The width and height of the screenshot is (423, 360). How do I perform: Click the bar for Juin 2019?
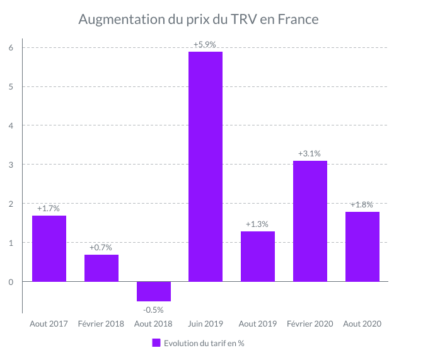pyautogui.click(x=206, y=166)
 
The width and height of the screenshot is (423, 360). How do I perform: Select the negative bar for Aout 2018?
pyautogui.click(x=153, y=291)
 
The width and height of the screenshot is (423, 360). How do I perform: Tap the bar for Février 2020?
pyautogui.click(x=310, y=221)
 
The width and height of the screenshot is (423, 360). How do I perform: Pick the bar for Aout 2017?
pyautogui.click(x=49, y=248)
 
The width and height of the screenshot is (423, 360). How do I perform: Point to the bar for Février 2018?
pyautogui.click(x=101, y=268)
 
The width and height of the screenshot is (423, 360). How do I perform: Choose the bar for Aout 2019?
pyautogui.click(x=258, y=257)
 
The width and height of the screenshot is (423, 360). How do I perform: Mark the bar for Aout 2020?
pyautogui.click(x=362, y=247)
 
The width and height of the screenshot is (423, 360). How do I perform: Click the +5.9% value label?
pyautogui.click(x=206, y=45)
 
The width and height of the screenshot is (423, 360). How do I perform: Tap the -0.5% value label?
pyautogui.click(x=153, y=310)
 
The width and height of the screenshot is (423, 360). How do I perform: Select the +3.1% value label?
pyautogui.click(x=310, y=153)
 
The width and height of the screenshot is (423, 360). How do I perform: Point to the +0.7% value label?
pyautogui.click(x=101, y=247)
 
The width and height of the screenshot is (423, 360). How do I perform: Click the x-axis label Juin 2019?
pyautogui.click(x=206, y=324)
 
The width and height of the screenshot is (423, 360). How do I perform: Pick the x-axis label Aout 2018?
pyautogui.click(x=153, y=324)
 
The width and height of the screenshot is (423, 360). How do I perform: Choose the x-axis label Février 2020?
pyautogui.click(x=310, y=324)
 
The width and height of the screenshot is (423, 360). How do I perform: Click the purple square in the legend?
pyautogui.click(x=156, y=343)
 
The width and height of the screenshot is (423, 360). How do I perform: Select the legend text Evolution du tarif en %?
pyautogui.click(x=204, y=343)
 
